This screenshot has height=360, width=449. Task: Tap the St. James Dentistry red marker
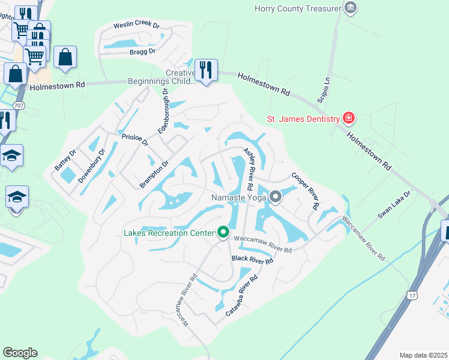[x=348, y=118]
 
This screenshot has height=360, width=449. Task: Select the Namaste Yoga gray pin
[x=276, y=197]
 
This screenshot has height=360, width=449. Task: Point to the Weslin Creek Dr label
[x=137, y=26]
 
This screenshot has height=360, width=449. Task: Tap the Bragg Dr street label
[x=142, y=52]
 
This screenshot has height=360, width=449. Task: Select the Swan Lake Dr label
[x=394, y=205]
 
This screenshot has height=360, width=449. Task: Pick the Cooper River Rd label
[x=305, y=191]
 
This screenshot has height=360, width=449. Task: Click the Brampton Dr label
[x=155, y=174]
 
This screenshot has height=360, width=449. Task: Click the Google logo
[x=20, y=353]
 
